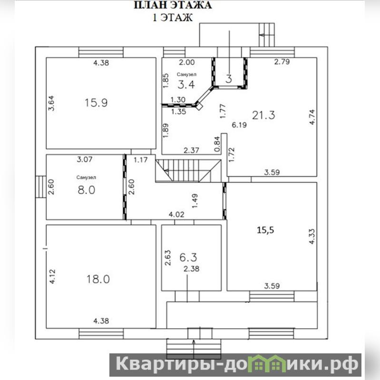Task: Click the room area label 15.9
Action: [96, 103]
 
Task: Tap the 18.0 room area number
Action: [98, 279]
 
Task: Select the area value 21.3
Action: [263, 115]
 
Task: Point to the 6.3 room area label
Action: [188, 257]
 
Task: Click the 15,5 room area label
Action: [265, 230]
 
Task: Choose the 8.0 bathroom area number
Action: [87, 190]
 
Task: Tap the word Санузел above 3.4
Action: [186, 74]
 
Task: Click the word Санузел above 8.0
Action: [86, 177]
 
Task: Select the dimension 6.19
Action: [239, 125]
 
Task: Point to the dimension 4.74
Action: [312, 117]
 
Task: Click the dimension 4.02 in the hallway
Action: [176, 214]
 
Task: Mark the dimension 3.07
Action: [85, 159]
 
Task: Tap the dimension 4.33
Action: [312, 236]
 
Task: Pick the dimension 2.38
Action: [192, 269]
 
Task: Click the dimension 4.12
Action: [52, 276]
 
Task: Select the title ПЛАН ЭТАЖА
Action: [173, 5]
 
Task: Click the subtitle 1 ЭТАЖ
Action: [173, 18]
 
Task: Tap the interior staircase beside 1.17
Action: [188, 171]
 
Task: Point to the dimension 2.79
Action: [282, 61]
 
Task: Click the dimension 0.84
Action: [217, 144]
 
